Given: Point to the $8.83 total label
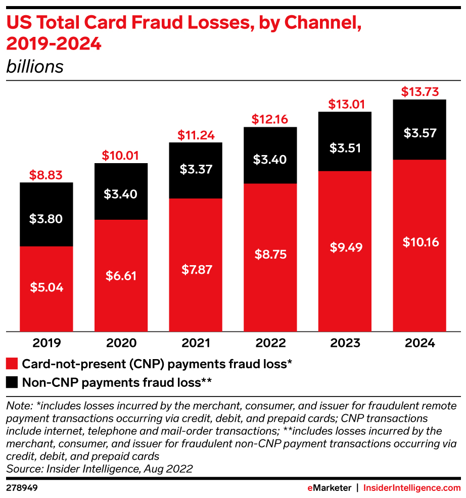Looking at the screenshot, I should pos(46,175).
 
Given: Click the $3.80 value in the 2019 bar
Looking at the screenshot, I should pos(46,219).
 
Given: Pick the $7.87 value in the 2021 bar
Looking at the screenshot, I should pos(196,269).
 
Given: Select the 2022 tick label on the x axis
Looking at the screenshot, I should pos(270,343).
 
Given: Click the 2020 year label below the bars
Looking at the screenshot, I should pos(121,343).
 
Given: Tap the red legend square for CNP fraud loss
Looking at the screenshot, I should pos(12,364).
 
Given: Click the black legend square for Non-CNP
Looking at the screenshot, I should pos(12,382).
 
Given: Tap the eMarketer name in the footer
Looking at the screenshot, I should pos(329,488).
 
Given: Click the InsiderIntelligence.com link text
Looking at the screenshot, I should pos(412,488).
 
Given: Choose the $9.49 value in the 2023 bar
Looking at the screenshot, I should pos(345,247).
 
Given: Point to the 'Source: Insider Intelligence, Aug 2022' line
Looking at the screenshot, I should pos(100,469).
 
